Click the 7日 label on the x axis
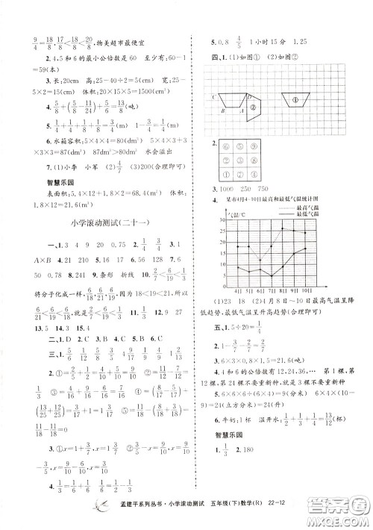pyautogui.click(x=272, y=291)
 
